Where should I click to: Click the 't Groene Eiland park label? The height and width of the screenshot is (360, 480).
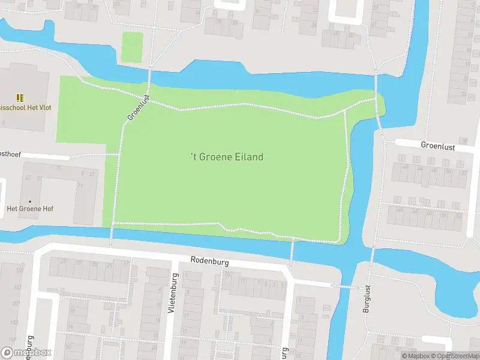pos(227,157)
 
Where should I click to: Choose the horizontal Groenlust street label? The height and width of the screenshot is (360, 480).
pos(438,145)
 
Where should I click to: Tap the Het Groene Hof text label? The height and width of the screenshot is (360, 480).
pos(29,209)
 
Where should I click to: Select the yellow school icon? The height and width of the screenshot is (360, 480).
pos(20,97)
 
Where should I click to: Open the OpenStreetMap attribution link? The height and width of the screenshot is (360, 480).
pos(458,356)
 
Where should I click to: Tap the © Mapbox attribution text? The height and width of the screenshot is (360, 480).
pos(417,356)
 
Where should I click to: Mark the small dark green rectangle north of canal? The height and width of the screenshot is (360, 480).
pos(132,47)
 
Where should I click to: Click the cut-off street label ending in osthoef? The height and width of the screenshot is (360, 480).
pos(10,154)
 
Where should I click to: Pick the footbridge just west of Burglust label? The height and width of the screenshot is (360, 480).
pos(341,286)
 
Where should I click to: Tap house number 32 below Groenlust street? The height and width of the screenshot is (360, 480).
pos(463,173)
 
